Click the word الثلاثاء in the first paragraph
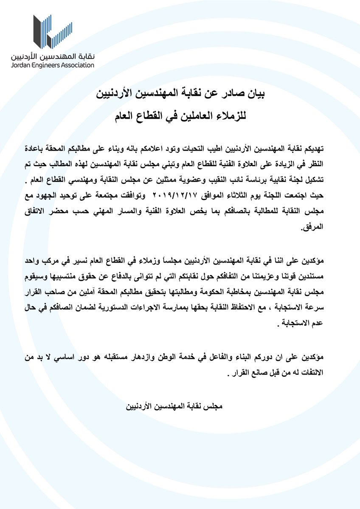(240, 197)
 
